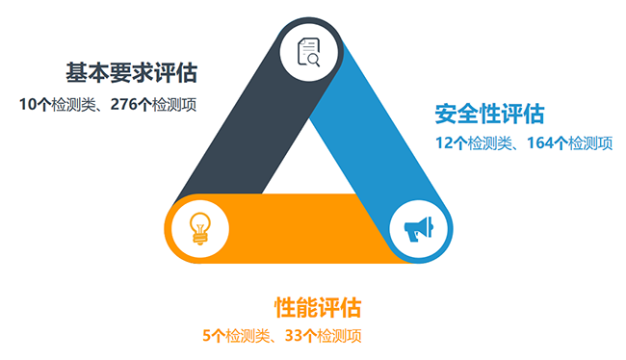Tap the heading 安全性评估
coord(489,114)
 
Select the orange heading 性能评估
coord(318,308)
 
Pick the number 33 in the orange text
coord(296,336)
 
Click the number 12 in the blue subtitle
coord(444,143)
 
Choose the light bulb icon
coord(200,228)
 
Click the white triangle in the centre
coord(308,164)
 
